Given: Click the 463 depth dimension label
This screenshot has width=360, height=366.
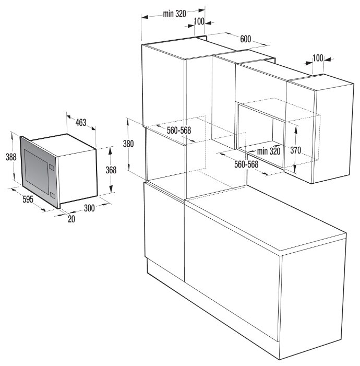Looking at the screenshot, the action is (81, 122).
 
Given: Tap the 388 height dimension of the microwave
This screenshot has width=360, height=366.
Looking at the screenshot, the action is (11, 157).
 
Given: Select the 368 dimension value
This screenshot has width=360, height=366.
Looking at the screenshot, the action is (111, 170).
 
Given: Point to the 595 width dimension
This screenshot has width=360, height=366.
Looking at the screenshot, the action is (28, 199).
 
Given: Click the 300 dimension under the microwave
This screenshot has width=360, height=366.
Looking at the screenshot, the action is (89, 208).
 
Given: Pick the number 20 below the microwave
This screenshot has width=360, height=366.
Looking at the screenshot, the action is (71, 219).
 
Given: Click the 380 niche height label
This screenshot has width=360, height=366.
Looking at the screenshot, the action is (128, 144).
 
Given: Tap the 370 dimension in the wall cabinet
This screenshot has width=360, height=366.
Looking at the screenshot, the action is (296, 150).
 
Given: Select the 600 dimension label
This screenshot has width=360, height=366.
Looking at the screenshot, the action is (245, 39).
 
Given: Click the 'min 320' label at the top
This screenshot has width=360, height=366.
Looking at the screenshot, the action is (174, 14).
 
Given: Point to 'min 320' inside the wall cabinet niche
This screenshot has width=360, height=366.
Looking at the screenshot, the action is (269, 151).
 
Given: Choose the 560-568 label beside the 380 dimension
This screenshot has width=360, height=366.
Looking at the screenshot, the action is (179, 131).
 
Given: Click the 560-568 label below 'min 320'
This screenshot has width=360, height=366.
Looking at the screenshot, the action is (246, 164).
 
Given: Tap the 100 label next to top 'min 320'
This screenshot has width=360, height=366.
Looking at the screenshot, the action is (199, 21).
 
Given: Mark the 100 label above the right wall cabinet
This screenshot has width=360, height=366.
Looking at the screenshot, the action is (318, 58).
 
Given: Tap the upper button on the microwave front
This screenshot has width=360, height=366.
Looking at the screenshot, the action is (51, 167).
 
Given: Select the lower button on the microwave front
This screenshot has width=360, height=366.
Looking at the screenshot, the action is (53, 196).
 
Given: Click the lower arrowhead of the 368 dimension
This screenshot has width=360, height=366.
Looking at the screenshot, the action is (111, 188).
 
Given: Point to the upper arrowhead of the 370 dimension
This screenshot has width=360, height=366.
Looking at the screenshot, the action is (296, 129).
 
